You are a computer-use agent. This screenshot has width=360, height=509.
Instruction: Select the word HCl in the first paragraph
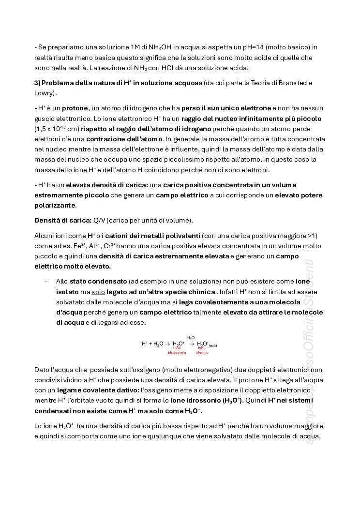[x=201, y=68]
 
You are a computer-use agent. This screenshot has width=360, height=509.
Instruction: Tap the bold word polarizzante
[x=55, y=205]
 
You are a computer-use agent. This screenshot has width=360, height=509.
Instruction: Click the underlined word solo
[x=99, y=292]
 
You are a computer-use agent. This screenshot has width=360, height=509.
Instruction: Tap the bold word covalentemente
[x=215, y=302]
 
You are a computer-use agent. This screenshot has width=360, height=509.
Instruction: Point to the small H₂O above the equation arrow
[x=191, y=338]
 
